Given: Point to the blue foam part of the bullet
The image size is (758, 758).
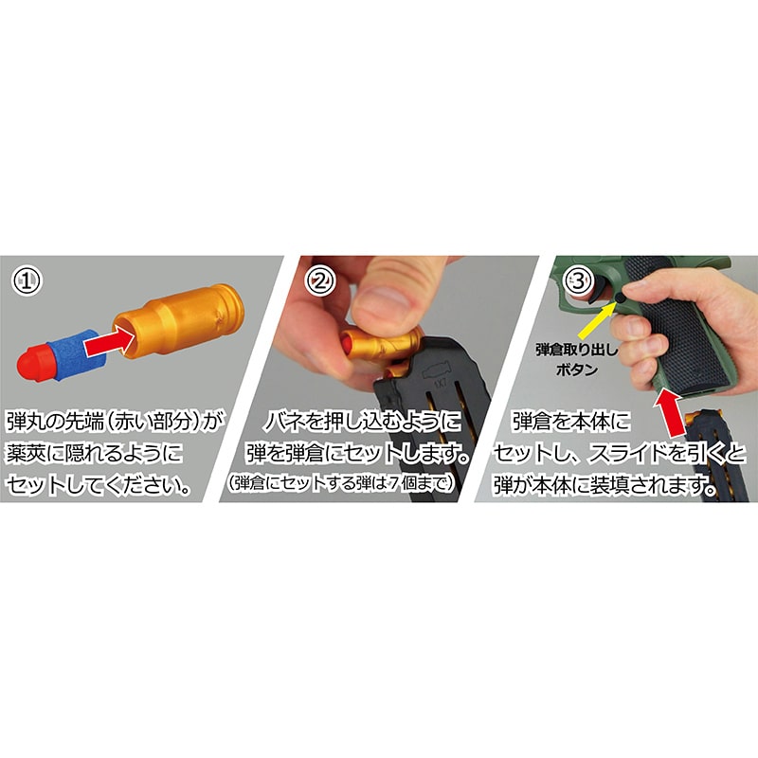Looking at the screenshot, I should [x=72, y=346].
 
